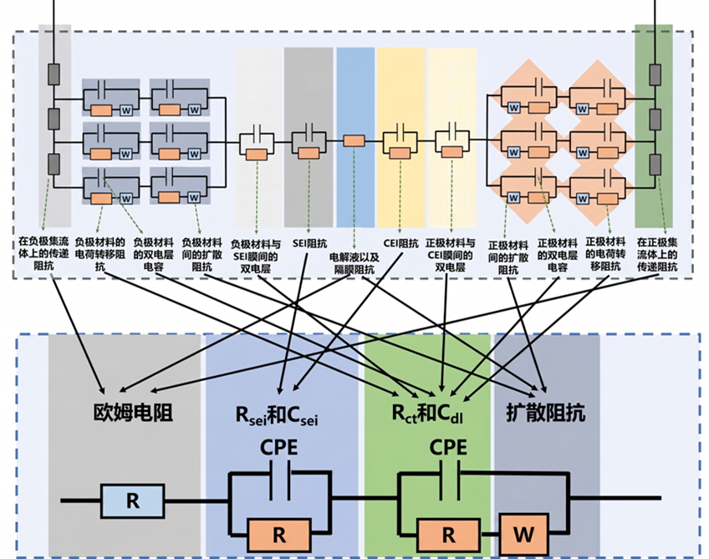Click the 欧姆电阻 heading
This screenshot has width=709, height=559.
pos(133,413)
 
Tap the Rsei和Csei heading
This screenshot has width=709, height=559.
pos(277,414)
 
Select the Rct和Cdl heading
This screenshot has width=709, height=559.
pos(427,414)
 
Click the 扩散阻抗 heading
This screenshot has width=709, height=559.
pos(546,413)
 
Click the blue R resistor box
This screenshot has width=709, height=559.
pos(132,501)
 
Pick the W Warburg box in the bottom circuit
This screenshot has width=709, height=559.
pos(523,535)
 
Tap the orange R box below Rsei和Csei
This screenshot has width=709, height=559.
pos(279,535)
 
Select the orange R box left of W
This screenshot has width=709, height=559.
pos(448,535)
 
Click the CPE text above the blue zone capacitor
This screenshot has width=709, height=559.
pos(279,448)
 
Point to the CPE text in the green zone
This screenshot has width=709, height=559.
pos(448,447)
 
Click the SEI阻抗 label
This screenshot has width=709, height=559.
pos(309,244)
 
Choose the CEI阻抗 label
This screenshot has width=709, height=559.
pos(401,243)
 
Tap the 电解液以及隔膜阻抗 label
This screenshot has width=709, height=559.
pos(354,263)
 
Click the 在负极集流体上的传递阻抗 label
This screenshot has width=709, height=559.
pos(43,254)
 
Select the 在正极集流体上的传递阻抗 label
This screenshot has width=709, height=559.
pos(657,254)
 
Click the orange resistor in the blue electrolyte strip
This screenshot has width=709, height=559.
pos(354,141)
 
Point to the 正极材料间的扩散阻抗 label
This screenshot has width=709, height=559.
pos(508,257)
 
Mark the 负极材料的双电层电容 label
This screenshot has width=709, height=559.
pos(153,254)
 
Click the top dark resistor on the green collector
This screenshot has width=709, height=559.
pos(655,74)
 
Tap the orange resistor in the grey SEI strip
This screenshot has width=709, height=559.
pos(309,153)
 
